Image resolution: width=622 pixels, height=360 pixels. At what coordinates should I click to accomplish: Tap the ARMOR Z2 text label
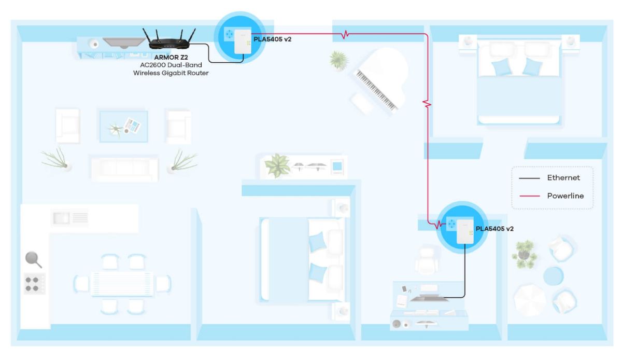click(171, 57)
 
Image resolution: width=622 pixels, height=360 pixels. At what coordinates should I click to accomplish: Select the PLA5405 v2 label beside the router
click(273, 39)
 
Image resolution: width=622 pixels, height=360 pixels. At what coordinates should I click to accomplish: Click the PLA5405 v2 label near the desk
click(494, 229)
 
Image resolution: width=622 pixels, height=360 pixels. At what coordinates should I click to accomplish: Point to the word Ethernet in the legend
click(563, 177)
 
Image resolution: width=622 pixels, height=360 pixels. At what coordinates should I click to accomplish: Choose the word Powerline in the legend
click(566, 196)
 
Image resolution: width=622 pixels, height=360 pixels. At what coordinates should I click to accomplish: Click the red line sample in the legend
click(530, 196)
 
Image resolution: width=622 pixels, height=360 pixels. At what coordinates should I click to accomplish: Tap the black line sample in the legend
click(530, 178)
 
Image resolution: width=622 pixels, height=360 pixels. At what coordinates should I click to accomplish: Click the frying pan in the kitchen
click(33, 259)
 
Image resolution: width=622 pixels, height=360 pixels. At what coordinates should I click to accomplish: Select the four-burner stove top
click(35, 284)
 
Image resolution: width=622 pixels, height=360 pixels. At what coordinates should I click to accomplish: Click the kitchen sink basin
click(61, 218)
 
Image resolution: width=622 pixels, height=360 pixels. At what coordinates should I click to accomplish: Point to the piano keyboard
click(376, 90)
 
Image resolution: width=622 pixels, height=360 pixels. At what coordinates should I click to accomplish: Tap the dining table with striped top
click(122, 284)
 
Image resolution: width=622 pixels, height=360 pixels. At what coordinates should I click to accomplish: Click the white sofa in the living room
click(125, 169)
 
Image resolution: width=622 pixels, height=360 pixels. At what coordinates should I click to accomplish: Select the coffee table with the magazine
click(123, 127)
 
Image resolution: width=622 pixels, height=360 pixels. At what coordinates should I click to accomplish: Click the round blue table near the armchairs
click(553, 276)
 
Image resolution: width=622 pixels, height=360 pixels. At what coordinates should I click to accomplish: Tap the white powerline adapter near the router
click(243, 41)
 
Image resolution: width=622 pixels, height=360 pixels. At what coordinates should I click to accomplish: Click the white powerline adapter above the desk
click(465, 231)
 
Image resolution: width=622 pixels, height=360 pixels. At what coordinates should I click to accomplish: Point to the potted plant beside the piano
click(339, 60)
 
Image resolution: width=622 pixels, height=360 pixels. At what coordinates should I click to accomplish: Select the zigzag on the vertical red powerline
click(427, 104)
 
